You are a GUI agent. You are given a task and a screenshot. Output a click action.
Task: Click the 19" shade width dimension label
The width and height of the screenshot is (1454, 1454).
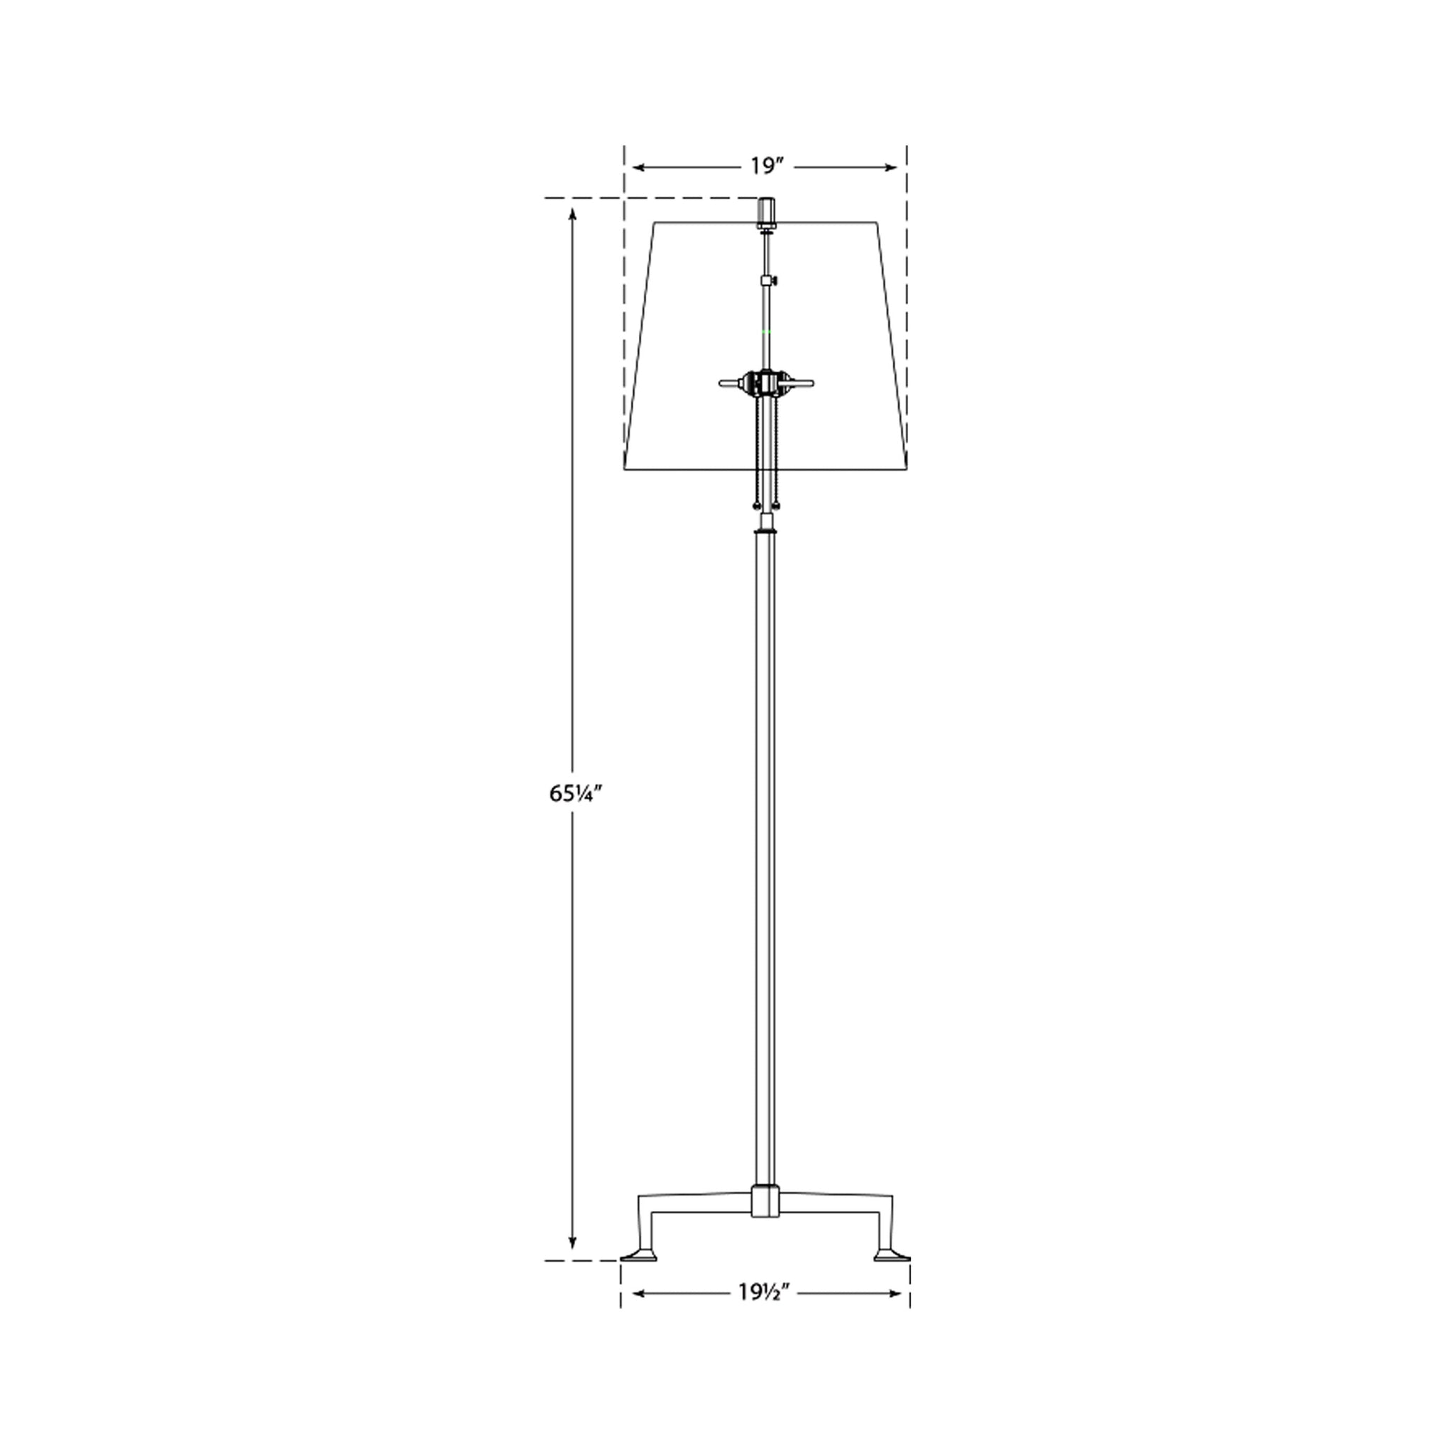(x=767, y=166)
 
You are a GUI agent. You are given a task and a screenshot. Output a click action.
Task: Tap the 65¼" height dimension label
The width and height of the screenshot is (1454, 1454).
(x=576, y=793)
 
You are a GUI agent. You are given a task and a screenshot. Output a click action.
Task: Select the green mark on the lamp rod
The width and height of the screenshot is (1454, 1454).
(x=766, y=330)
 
